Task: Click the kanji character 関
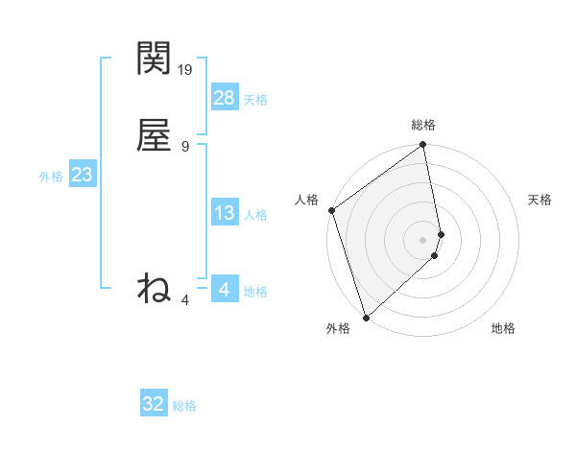pyautogui.click(x=154, y=59)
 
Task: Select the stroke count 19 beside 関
pyautogui.click(x=186, y=69)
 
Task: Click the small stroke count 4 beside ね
pyautogui.click(x=185, y=300)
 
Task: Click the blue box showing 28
pyautogui.click(x=225, y=98)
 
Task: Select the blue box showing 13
pyautogui.click(x=225, y=213)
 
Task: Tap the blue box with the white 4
pyautogui.click(x=225, y=289)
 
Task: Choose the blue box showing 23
pyautogui.click(x=82, y=175)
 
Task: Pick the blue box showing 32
pyautogui.click(x=154, y=404)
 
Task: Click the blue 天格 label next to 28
pyautogui.click(x=255, y=100)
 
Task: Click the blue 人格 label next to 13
pyautogui.click(x=255, y=215)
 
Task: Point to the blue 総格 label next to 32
pyautogui.click(x=184, y=406)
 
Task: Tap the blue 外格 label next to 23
pyautogui.click(x=51, y=177)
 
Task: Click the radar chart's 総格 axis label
pyautogui.click(x=423, y=125)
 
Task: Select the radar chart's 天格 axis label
pyautogui.click(x=540, y=200)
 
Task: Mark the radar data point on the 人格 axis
pyautogui.click(x=331, y=210)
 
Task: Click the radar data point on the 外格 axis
pyautogui.click(x=366, y=317)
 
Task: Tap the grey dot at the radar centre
pyautogui.click(x=423, y=239)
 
